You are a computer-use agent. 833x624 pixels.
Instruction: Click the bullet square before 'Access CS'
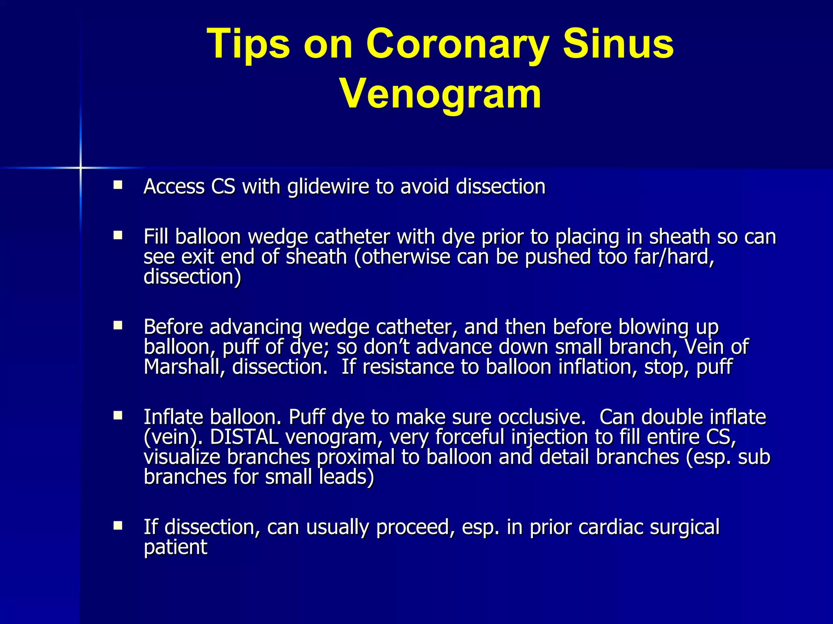118,186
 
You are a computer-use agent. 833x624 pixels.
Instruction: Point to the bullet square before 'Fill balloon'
118,235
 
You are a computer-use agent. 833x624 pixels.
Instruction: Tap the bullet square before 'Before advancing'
118,325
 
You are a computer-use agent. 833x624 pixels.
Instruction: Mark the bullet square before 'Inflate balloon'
118,415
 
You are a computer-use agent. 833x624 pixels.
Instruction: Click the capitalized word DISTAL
244,438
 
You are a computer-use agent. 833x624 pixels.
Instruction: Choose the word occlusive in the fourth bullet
541,417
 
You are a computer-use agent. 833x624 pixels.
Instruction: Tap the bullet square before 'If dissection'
118,526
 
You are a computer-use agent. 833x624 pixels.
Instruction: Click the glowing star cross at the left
81,167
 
